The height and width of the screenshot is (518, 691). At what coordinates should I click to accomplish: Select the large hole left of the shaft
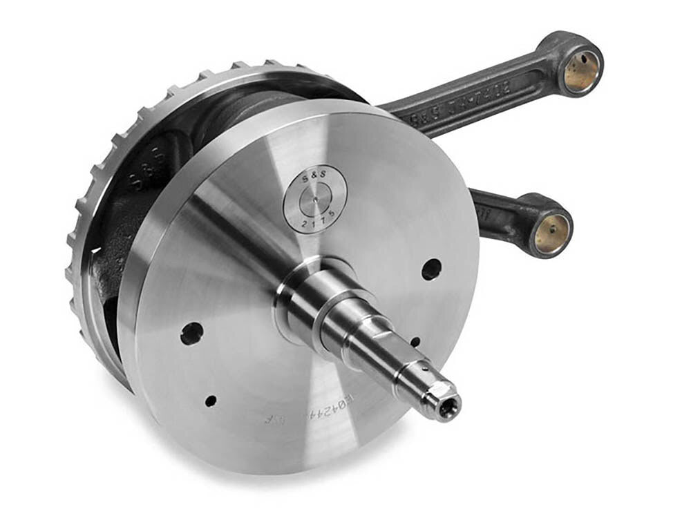191,334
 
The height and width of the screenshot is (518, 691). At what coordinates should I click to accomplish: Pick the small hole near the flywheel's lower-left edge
210,400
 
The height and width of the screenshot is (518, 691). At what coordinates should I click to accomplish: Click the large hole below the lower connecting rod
431,269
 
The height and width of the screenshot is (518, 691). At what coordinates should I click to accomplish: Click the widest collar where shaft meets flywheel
304,290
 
